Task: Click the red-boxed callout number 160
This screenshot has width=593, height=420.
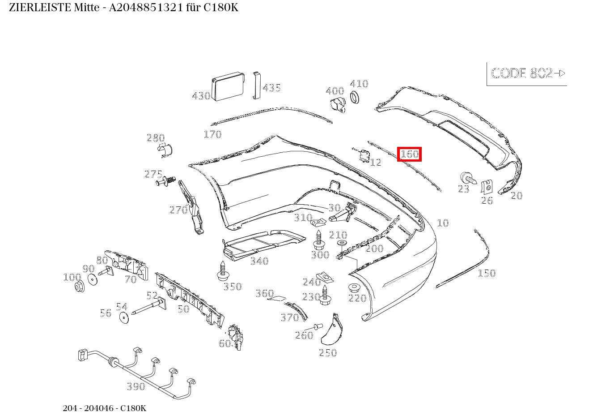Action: (409, 154)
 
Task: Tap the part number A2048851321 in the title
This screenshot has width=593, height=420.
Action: (146, 8)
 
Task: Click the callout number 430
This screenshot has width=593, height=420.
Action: (201, 96)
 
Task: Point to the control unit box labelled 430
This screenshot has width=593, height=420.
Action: (228, 86)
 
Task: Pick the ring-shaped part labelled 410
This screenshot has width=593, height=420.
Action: (355, 97)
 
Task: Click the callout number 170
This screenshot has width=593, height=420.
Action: (212, 134)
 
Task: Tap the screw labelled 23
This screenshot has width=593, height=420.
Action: (468, 177)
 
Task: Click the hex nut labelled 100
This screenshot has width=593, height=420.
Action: (80, 287)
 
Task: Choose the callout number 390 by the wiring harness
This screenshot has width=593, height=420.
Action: (136, 386)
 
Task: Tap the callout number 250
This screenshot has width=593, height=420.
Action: (328, 353)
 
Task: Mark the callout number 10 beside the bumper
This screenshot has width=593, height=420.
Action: (443, 223)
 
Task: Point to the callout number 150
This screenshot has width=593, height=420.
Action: (487, 273)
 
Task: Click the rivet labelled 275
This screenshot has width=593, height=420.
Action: (166, 181)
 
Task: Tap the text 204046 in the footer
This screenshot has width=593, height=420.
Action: (99, 408)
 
